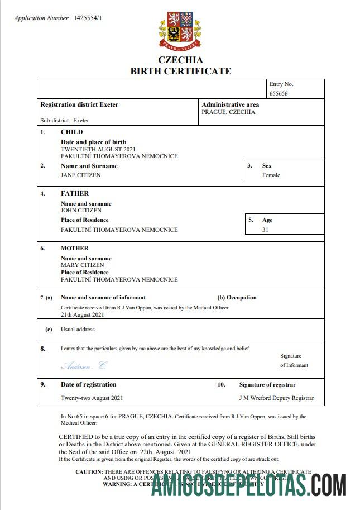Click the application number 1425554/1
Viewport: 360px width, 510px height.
point(88,18)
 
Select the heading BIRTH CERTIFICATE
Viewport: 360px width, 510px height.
point(180,71)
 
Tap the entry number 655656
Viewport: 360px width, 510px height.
point(279,94)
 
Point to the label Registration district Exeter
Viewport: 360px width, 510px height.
point(79,104)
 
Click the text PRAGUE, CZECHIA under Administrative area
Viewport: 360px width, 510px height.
point(228,112)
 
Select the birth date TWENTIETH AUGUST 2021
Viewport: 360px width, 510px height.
point(98,149)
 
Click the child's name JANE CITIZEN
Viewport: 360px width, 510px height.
point(80,175)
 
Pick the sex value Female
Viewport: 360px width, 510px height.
point(271,175)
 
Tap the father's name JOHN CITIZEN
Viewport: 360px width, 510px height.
point(81,211)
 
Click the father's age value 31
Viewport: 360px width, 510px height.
point(266,230)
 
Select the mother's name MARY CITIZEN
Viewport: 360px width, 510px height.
point(82,265)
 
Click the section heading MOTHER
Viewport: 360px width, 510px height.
point(74,248)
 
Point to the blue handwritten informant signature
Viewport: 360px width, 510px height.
point(83,366)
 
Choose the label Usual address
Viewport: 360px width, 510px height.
point(78,330)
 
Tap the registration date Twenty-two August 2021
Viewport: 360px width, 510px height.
point(92,398)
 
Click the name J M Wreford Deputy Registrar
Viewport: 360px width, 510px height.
point(276,398)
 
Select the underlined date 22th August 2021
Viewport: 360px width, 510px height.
point(165,452)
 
